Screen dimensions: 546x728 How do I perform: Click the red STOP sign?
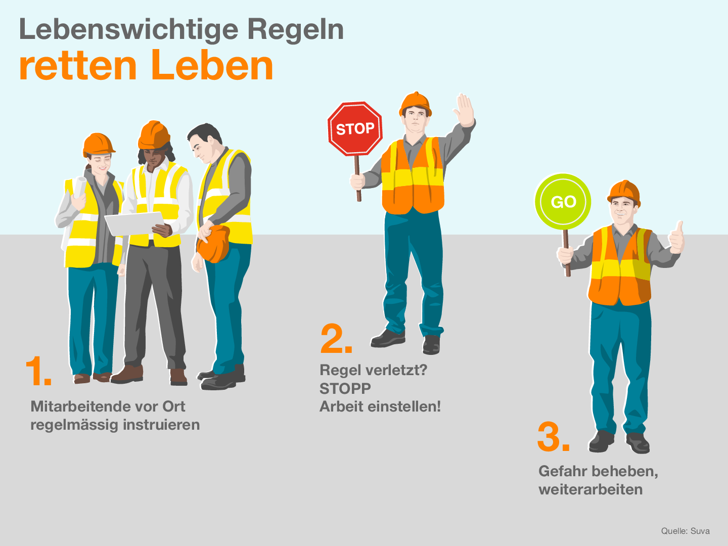click(355, 128)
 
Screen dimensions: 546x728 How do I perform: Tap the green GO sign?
click(563, 202)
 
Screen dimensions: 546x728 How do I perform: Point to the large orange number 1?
click(37, 372)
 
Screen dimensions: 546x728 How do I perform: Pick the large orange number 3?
click(553, 437)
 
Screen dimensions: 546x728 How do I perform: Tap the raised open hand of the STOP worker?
click(465, 111)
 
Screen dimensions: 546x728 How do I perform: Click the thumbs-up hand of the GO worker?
click(676, 239)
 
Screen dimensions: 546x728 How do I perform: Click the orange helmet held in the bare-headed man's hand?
click(214, 244)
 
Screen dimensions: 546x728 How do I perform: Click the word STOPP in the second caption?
click(345, 388)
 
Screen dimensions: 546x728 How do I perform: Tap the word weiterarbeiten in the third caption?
click(590, 489)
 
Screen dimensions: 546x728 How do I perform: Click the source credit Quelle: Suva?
click(685, 531)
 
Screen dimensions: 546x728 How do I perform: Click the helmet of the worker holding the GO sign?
click(624, 191)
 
